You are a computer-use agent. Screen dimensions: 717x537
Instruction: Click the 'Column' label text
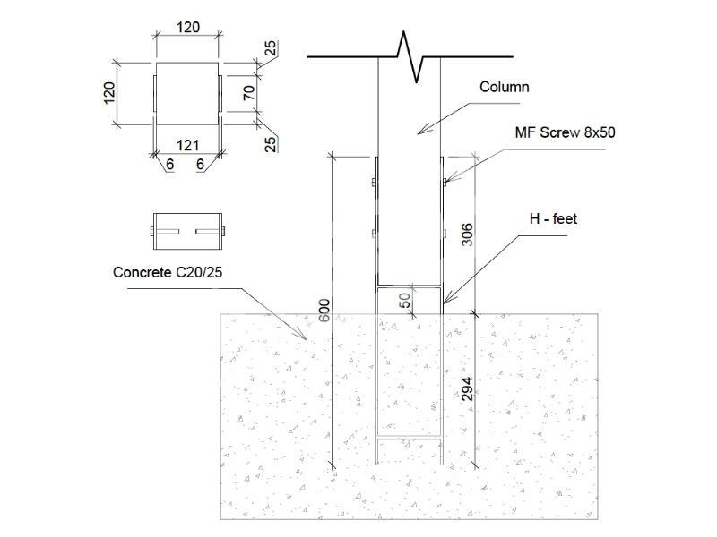tap(505, 87)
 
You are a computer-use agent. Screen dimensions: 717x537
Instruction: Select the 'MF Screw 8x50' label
tap(565, 132)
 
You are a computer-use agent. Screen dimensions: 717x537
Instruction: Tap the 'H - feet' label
tap(553, 218)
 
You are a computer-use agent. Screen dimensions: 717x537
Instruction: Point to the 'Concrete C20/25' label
tap(168, 272)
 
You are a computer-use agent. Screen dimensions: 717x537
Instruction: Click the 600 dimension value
tap(324, 310)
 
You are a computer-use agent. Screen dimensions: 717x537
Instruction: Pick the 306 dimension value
tap(467, 234)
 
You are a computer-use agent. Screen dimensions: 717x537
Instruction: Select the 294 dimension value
tap(467, 389)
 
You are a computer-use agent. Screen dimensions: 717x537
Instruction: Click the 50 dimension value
tap(405, 301)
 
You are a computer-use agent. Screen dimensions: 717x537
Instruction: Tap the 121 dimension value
tap(187, 145)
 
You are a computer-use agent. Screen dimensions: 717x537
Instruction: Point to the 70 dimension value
tap(249, 93)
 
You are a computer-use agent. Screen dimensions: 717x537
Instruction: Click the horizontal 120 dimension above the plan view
tap(188, 28)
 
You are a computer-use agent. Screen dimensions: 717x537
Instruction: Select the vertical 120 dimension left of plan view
tap(108, 93)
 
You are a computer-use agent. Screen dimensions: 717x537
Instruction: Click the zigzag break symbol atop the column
tap(410, 56)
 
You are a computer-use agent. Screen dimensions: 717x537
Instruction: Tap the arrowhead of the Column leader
tap(421, 131)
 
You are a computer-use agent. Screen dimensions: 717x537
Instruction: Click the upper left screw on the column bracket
tap(374, 183)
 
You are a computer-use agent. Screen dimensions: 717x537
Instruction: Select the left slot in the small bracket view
tap(168, 232)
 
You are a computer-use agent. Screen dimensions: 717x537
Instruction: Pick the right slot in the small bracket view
tap(208, 232)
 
